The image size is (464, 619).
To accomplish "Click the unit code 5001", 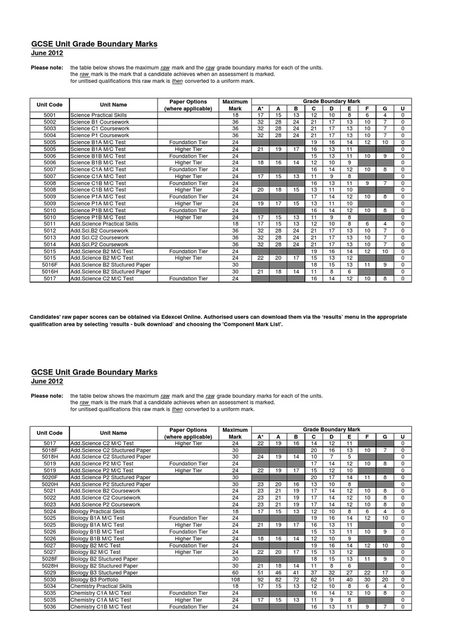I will tap(50, 115).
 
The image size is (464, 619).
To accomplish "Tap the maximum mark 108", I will tap(235, 579).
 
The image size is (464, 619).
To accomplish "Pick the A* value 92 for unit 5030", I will tap(260, 579).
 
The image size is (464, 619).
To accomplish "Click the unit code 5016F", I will tap(50, 264).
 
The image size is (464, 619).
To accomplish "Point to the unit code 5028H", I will tap(50, 566).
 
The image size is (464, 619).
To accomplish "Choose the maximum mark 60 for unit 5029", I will tap(235, 572).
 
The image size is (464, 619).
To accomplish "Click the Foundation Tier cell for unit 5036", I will tap(188, 606).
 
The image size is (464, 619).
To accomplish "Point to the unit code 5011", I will tap(50, 224).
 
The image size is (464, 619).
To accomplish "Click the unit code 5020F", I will tap(50, 477).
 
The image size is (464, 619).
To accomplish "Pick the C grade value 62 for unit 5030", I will tap(314, 579).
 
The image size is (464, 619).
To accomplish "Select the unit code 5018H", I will tap(50, 456).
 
